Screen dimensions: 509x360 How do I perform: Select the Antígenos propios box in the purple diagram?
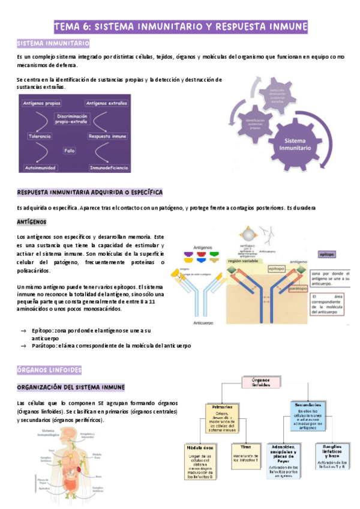point(42,104)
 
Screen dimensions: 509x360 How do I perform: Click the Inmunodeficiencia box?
point(109,167)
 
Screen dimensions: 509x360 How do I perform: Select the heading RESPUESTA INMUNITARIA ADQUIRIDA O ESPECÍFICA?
point(90,192)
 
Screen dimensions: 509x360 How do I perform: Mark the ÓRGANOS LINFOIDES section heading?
point(49,370)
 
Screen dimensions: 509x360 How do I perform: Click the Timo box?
point(246,456)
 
